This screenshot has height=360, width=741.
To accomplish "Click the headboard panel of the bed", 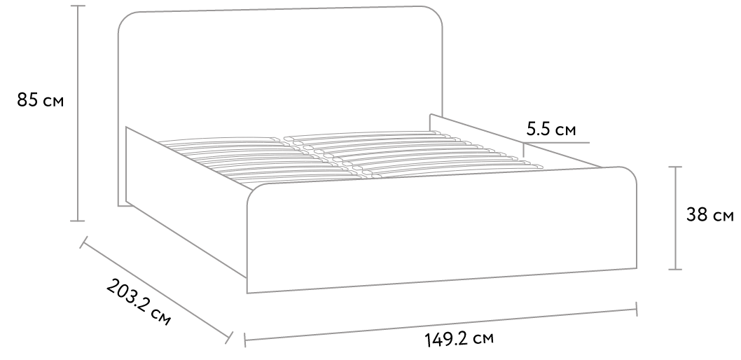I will tap(280, 70).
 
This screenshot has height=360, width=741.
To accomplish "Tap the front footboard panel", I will tap(441, 231).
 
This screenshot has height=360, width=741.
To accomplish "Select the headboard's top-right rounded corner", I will tap(438, 13).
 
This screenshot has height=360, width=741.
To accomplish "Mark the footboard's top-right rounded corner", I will tap(630, 173).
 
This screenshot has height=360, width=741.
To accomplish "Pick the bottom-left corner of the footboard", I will tap(247, 292).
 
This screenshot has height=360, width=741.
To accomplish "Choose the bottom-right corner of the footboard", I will tap(636, 268).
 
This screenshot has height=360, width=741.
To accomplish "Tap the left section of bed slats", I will tap(231, 160).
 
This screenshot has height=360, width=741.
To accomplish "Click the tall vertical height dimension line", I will tap(77, 112).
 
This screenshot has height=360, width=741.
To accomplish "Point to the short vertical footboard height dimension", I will tap(675, 217).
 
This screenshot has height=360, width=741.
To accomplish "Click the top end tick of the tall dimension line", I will tap(77, 6).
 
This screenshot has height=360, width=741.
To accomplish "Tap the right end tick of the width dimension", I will tap(636, 308).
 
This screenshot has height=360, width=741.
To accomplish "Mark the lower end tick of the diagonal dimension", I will tap(229, 337).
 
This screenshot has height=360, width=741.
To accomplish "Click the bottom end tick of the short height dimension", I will tap(675, 268).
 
